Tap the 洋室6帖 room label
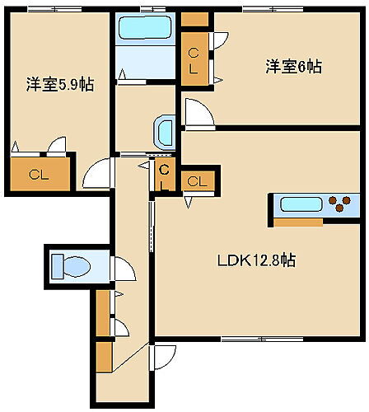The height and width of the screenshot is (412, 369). [293, 67]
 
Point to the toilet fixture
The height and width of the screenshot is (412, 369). [73, 266]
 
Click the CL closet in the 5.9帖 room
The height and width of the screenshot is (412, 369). [38, 174]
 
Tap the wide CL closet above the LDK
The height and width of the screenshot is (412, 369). [198, 180]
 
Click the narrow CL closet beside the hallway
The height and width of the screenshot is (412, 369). [164, 176]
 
